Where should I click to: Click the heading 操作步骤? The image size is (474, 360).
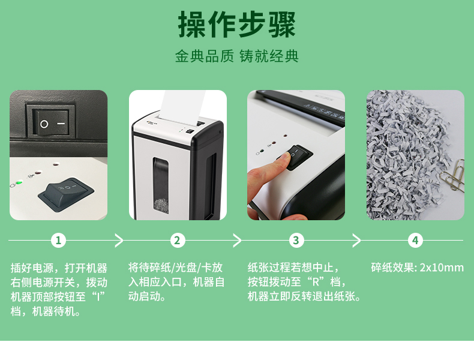click(236, 24)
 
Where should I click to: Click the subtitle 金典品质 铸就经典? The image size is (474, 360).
click(236, 56)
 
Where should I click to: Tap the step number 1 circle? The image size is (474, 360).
click(58, 241)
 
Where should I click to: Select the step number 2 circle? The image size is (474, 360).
click(177, 241)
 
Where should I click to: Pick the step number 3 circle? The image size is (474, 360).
click(296, 241)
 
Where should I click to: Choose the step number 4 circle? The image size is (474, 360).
click(415, 241)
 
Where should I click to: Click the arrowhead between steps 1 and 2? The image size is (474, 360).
click(119, 241)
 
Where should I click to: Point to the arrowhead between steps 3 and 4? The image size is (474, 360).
click(357, 241)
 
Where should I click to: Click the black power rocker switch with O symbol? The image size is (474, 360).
click(51, 122)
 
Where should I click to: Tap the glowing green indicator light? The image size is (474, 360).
click(19, 182)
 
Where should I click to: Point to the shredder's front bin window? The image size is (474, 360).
click(161, 185)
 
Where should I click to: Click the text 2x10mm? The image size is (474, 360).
click(442, 268)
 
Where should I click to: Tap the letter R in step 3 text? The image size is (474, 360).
click(315, 282)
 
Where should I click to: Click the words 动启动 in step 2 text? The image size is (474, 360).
click(145, 296)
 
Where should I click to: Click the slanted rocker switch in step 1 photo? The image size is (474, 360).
click(66, 193)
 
